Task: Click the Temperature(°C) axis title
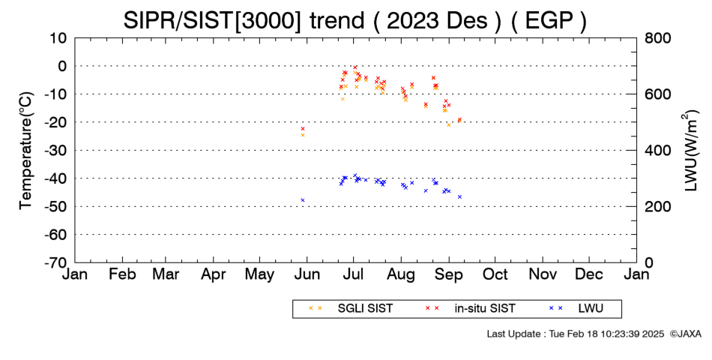pyautogui.click(x=26, y=151)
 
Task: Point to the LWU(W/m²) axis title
pyautogui.click(x=690, y=151)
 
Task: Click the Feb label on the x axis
pyautogui.click(x=122, y=274)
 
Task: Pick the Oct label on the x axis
pyautogui.click(x=495, y=274)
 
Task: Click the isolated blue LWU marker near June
pyautogui.click(x=303, y=200)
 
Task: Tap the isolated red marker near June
pyautogui.click(x=303, y=129)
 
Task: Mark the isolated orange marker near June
pyautogui.click(x=303, y=135)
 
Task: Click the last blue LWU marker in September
pyautogui.click(x=459, y=196)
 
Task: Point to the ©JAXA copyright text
pyautogui.click(x=685, y=334)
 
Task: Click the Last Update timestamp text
pyautogui.click(x=576, y=334)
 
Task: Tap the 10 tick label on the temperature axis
pyautogui.click(x=57, y=37)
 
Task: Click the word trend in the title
pyautogui.click(x=337, y=20)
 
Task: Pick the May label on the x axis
pyautogui.click(x=259, y=275)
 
